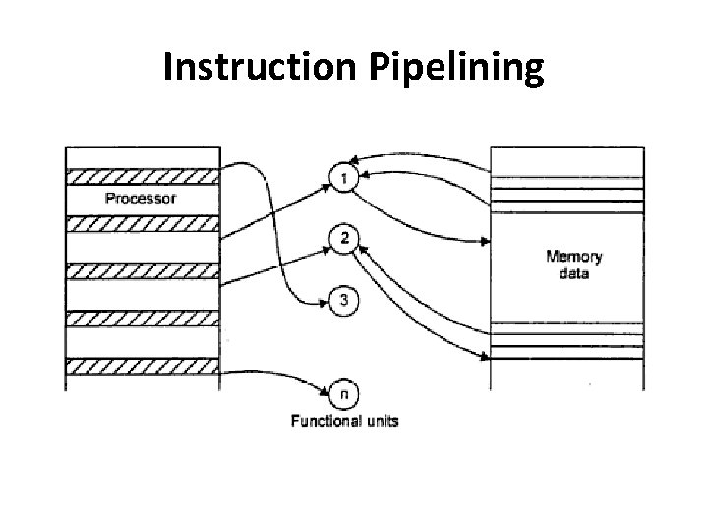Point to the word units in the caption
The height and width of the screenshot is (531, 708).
(382, 421)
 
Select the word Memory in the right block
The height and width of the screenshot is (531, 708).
(574, 258)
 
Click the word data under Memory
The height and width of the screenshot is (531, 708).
(574, 274)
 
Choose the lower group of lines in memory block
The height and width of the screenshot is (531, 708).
(567, 340)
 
